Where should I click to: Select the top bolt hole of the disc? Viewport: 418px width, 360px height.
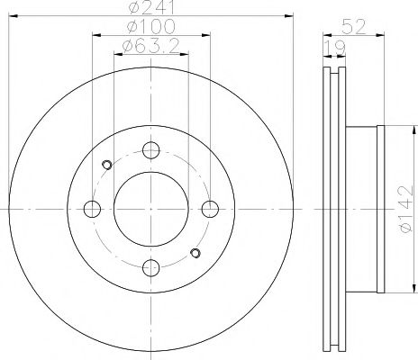coord(150,150)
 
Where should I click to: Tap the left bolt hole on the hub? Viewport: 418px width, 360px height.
coord(91,210)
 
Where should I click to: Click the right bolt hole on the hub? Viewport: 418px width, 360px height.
coord(211,210)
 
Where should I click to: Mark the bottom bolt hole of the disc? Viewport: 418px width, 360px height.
coord(150,266)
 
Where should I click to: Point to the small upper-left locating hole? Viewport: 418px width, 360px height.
coord(107,164)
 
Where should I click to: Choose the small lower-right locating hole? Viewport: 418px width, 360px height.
coord(194,253)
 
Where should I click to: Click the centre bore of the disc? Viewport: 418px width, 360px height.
coord(150,209)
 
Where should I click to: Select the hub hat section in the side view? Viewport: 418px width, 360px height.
coord(364,209)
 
